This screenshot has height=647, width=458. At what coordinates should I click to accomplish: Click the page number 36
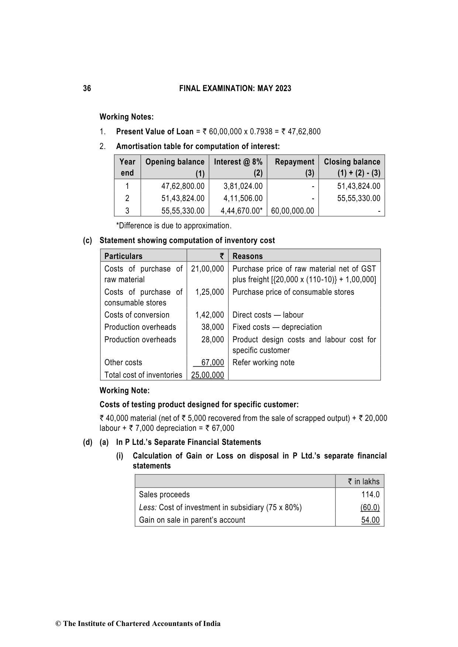pyautogui.click(x=87, y=89)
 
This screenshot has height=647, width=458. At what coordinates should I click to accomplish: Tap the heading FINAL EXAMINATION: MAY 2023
pyautogui.click(x=235, y=89)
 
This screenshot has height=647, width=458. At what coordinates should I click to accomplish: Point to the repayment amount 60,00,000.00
pyautogui.click(x=292, y=211)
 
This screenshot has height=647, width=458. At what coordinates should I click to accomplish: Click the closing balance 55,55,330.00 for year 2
pyautogui.click(x=358, y=198)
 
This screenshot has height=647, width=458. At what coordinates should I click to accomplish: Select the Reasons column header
pyautogui.click(x=248, y=256)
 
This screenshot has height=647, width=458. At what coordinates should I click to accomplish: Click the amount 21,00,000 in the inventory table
pyautogui.click(x=207, y=269)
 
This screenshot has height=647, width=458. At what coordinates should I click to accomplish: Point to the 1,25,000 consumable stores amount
pyautogui.click(x=209, y=292)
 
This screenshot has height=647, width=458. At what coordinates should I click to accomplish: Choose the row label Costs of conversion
pyautogui.click(x=137, y=315)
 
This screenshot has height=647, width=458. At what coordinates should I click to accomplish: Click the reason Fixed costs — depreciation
pyautogui.click(x=277, y=327)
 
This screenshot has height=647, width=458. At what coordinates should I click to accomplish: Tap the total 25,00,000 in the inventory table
pyautogui.click(x=207, y=375)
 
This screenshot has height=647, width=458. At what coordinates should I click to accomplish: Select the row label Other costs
pyautogui.click(x=123, y=363)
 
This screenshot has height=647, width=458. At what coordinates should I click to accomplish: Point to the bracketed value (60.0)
pyautogui.click(x=370, y=508)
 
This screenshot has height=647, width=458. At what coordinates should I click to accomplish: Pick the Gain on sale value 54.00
pyautogui.click(x=370, y=520)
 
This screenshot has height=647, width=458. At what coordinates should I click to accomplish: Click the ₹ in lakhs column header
pyautogui.click(x=363, y=482)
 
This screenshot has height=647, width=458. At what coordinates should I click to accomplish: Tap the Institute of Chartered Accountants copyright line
pyautogui.click(x=138, y=624)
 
